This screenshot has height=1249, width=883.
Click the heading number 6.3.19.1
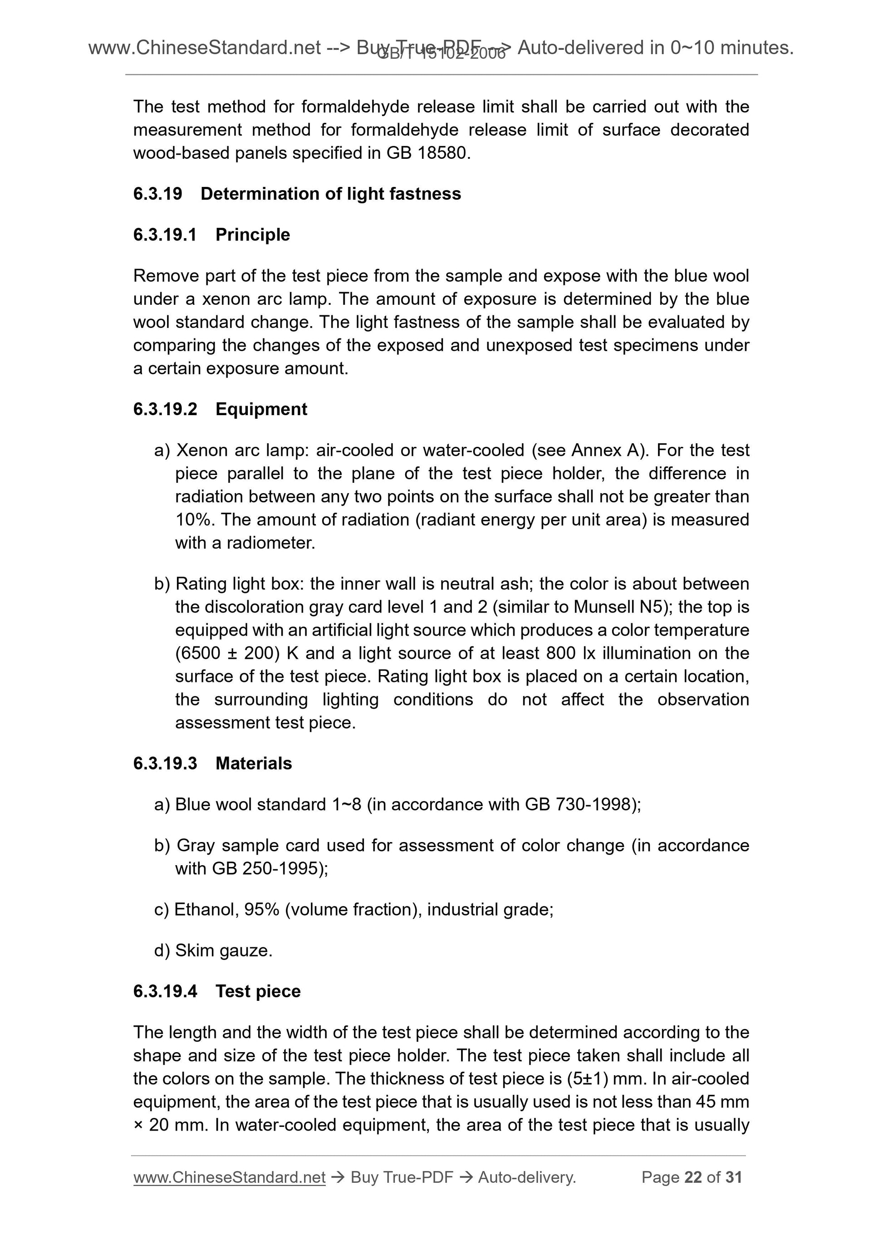click(165, 235)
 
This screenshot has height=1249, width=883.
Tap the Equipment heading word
click(261, 409)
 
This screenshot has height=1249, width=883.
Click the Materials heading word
click(254, 763)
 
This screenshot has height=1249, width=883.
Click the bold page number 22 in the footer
click(692, 1177)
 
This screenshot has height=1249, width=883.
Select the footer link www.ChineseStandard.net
click(229, 1177)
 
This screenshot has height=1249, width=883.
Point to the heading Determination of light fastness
click(330, 194)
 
